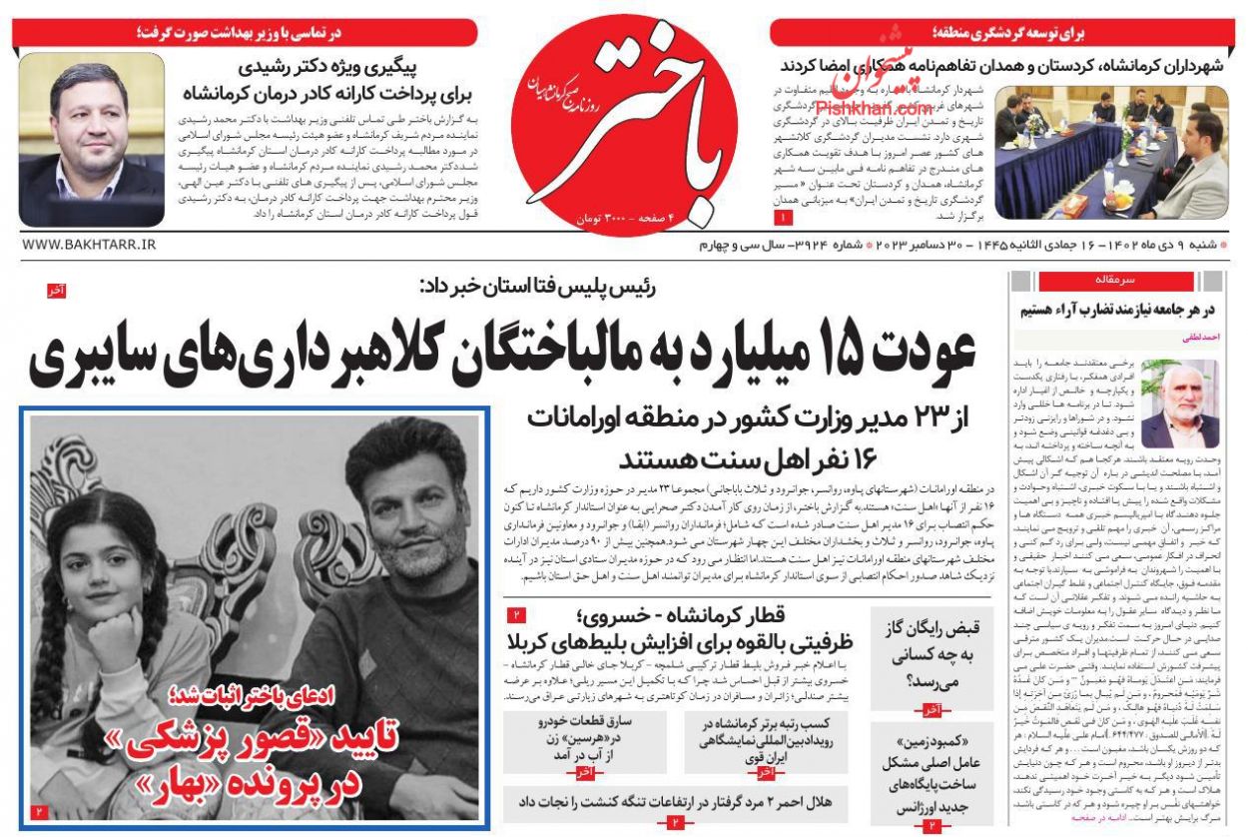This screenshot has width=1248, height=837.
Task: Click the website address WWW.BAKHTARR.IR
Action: pos(89,244)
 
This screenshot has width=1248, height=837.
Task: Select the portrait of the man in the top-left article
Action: pos(91,139)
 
